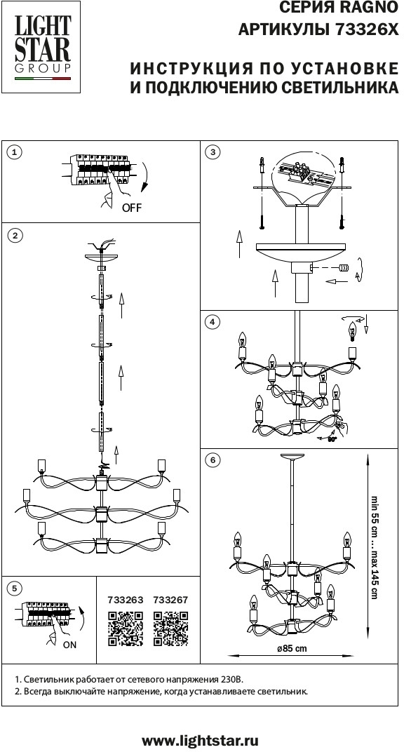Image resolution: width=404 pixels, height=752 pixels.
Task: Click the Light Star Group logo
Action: pyautogui.click(x=40, y=46)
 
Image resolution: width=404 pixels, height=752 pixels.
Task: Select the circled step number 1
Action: pyautogui.click(x=15, y=152)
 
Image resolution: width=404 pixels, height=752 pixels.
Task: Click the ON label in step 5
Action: pyautogui.click(x=69, y=645)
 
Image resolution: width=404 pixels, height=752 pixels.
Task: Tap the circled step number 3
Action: pyautogui.click(x=212, y=152)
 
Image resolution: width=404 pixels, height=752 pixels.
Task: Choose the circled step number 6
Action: pyautogui.click(x=212, y=460)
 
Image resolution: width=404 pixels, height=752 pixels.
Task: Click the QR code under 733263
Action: pyautogui.click(x=126, y=629)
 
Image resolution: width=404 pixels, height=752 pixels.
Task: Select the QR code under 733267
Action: pyautogui.click(x=170, y=629)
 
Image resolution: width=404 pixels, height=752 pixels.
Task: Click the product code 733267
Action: pyautogui.click(x=170, y=600)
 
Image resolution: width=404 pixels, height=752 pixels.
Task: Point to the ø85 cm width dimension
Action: pyautogui.click(x=292, y=649)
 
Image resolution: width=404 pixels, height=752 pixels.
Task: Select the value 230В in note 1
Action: pyautogui.click(x=232, y=680)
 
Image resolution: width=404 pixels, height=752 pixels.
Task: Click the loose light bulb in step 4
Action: pyautogui.click(x=353, y=331)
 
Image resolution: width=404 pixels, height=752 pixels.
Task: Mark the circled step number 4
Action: pyautogui.click(x=212, y=322)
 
